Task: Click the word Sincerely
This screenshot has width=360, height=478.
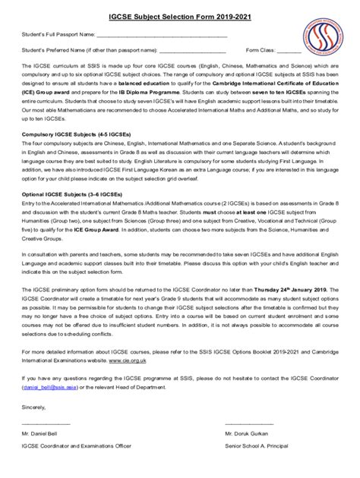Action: coord(35,406)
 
